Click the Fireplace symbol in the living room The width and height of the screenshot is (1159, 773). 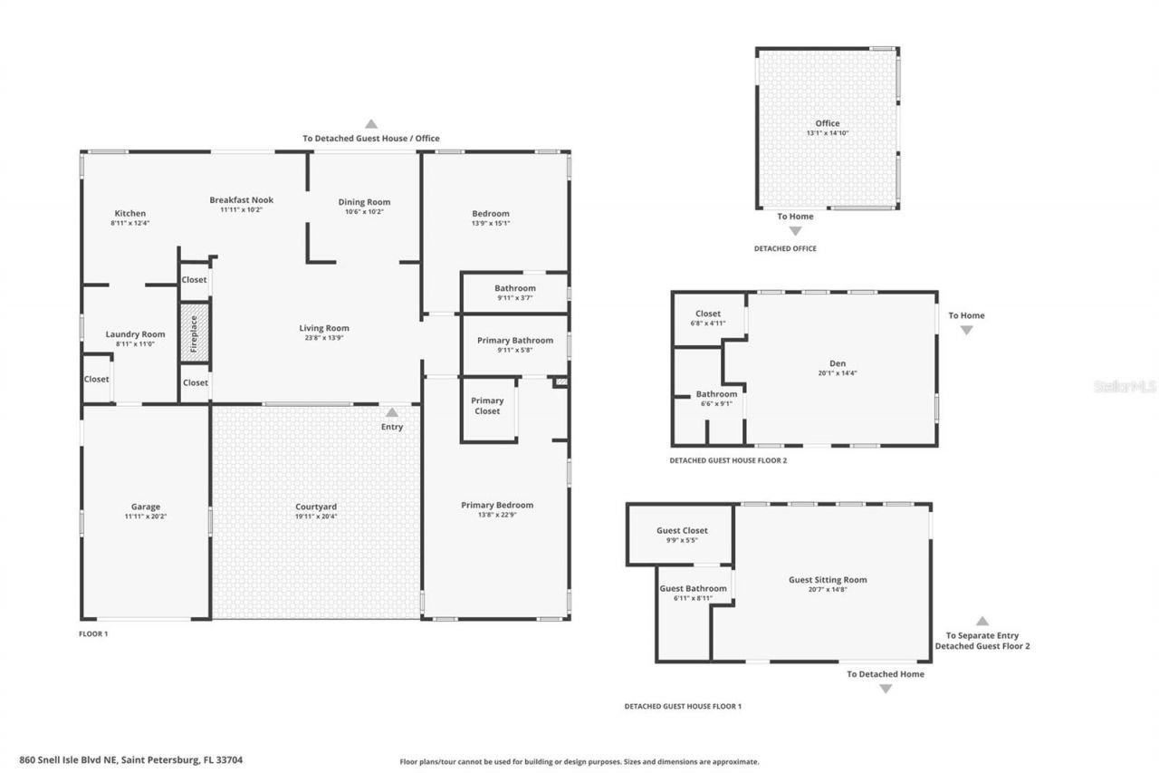(x=194, y=333)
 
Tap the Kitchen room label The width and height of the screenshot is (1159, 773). (x=129, y=214)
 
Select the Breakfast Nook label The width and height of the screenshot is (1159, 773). (x=241, y=200)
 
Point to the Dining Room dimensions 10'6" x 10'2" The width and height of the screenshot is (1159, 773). (x=364, y=212)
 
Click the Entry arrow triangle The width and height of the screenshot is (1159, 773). (x=392, y=412)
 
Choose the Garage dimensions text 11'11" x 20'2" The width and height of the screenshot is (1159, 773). (x=145, y=517)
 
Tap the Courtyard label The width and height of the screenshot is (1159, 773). (x=316, y=507)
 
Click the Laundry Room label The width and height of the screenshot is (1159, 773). (x=135, y=334)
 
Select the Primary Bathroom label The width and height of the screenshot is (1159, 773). (x=514, y=341)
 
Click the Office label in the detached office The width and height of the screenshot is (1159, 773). (x=827, y=123)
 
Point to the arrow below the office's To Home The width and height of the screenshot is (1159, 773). (x=795, y=231)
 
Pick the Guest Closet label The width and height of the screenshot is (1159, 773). (x=682, y=530)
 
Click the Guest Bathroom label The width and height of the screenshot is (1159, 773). (x=693, y=588)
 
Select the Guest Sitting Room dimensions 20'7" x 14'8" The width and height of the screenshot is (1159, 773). (x=828, y=589)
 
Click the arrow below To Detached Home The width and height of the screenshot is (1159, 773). (x=886, y=689)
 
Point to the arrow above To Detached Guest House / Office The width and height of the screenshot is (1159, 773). (x=370, y=124)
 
